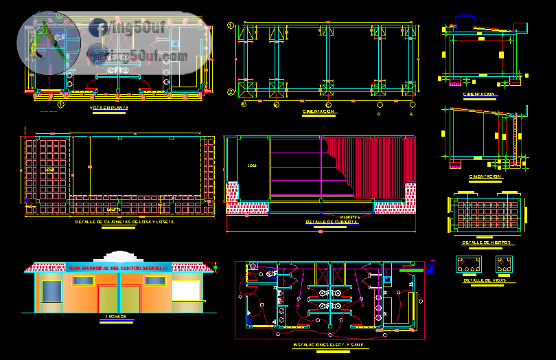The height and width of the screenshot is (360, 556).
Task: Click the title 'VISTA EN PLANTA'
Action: point(109,108)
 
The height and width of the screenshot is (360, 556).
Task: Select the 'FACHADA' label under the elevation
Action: point(116,317)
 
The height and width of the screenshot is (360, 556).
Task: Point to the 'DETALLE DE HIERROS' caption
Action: point(487,243)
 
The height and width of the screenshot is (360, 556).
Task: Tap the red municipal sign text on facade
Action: point(118,267)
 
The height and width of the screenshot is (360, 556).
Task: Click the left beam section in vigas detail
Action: point(469,265)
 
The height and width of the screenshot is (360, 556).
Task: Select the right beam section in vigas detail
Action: point(505,265)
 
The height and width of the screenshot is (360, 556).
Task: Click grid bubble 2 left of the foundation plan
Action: point(231,91)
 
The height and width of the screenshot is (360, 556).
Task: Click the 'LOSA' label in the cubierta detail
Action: point(251,166)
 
